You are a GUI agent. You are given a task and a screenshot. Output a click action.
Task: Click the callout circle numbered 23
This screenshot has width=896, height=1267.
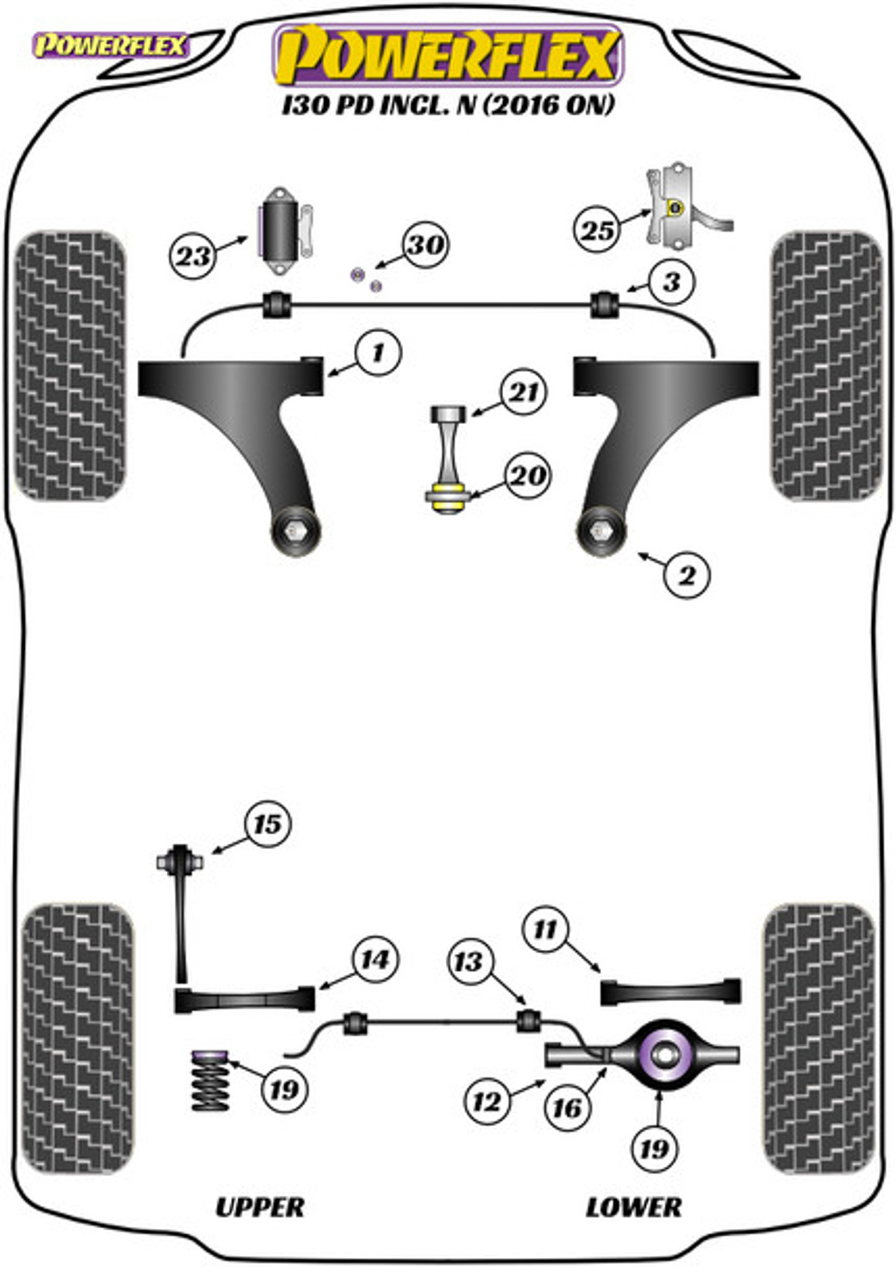193,257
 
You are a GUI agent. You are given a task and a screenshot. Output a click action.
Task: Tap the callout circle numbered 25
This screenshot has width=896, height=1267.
597,230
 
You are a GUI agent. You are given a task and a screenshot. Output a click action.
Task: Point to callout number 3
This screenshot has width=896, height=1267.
671,282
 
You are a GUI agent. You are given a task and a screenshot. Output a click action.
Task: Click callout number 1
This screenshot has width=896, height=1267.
378,352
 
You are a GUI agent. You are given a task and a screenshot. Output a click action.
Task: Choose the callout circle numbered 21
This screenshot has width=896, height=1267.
523,392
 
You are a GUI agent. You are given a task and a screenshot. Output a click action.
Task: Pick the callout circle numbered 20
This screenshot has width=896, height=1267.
527,475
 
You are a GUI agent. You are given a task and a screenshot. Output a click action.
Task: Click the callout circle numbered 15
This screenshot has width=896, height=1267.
267,824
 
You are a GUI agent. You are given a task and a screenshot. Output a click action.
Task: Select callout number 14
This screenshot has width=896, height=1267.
375,959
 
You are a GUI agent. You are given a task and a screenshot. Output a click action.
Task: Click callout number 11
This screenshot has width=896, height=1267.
545,929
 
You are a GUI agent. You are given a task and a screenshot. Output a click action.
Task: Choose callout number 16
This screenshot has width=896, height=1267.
567,1107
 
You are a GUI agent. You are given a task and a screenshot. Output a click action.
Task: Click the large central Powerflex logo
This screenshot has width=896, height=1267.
449,55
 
